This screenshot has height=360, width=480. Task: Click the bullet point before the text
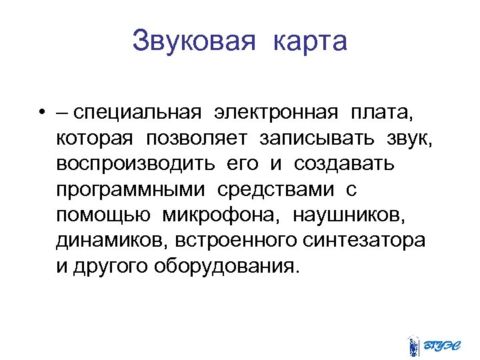pyautogui.click(x=41, y=113)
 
